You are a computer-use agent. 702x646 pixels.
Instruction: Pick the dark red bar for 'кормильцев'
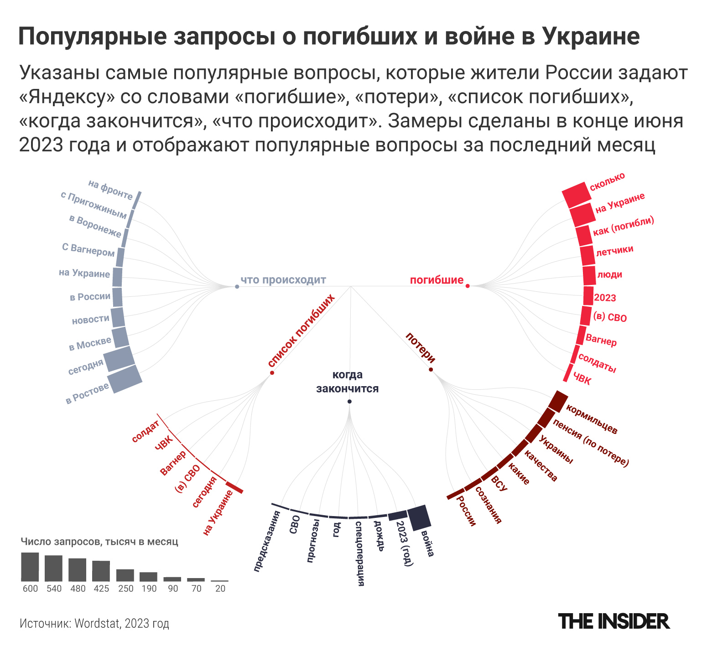click(x=558, y=401)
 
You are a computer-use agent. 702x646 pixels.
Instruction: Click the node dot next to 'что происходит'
click(x=237, y=287)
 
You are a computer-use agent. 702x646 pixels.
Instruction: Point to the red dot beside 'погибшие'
click(x=468, y=286)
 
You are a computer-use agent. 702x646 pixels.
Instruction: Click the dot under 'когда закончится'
click(x=349, y=402)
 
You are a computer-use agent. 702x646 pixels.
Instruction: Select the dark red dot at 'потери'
click(x=431, y=369)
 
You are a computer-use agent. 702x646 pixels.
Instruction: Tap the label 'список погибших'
click(x=302, y=331)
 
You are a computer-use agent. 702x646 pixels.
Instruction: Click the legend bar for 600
click(x=30, y=567)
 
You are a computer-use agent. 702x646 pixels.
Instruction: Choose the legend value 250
click(x=126, y=589)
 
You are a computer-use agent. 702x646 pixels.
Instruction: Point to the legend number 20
click(x=220, y=589)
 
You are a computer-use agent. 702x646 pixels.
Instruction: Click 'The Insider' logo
click(x=614, y=621)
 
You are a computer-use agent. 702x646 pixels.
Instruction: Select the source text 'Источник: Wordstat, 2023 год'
click(x=94, y=623)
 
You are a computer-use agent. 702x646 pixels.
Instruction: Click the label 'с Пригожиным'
click(x=94, y=205)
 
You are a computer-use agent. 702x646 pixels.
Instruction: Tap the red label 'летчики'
click(x=614, y=250)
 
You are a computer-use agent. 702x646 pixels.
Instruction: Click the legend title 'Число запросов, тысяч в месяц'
click(x=99, y=542)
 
